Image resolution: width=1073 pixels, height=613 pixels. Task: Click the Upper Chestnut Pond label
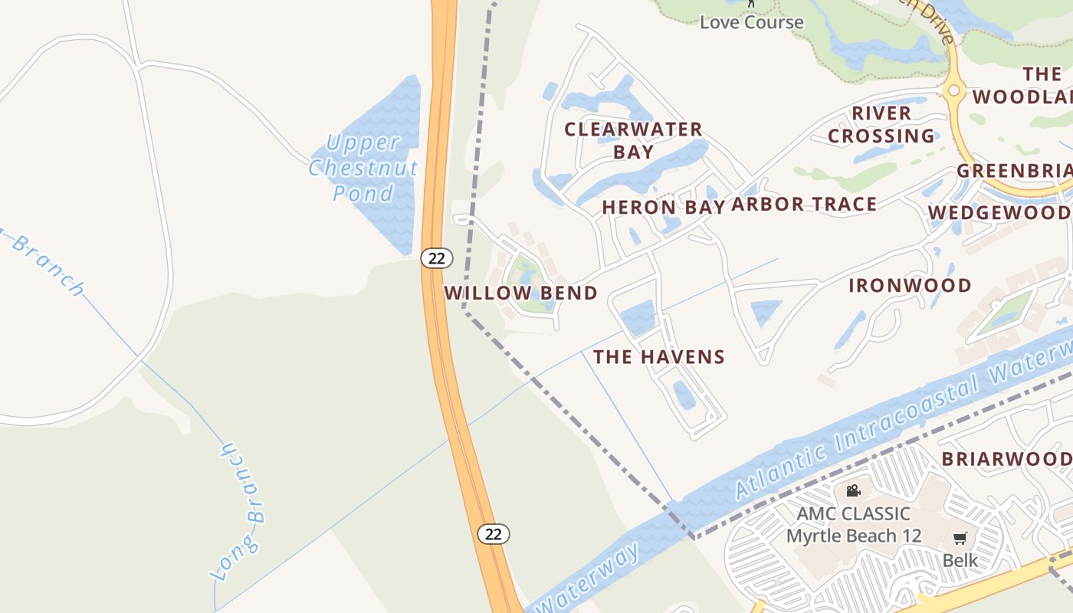[x=363, y=167]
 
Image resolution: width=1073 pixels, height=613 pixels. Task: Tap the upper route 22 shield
[x=436, y=258]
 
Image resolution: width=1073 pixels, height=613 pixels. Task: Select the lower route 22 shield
[x=494, y=534]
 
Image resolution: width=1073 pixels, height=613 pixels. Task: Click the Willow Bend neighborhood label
[x=520, y=293]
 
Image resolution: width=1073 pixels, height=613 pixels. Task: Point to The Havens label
[x=659, y=356]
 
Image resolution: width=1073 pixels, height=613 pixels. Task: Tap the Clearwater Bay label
[x=633, y=140]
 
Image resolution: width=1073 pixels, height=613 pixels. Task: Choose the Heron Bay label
[x=663, y=207]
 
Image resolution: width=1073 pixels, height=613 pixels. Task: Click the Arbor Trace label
[x=804, y=205]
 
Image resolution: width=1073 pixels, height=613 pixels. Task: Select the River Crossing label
[x=881, y=125]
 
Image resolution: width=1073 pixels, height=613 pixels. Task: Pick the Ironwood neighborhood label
[x=910, y=286]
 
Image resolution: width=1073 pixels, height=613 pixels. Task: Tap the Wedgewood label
[x=999, y=212]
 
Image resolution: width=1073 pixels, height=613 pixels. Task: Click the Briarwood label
[x=1006, y=459]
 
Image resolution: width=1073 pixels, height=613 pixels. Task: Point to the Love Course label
[x=752, y=21]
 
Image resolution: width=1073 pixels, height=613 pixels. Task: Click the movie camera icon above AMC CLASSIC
[x=853, y=490]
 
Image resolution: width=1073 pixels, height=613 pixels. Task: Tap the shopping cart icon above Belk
[x=960, y=538]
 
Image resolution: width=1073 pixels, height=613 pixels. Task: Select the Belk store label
[x=960, y=560]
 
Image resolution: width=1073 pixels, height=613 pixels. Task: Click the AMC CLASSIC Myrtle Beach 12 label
[x=853, y=524]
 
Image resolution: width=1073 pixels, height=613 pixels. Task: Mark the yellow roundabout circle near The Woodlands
[x=953, y=90]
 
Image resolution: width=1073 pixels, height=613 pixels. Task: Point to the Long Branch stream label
[x=239, y=512]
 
